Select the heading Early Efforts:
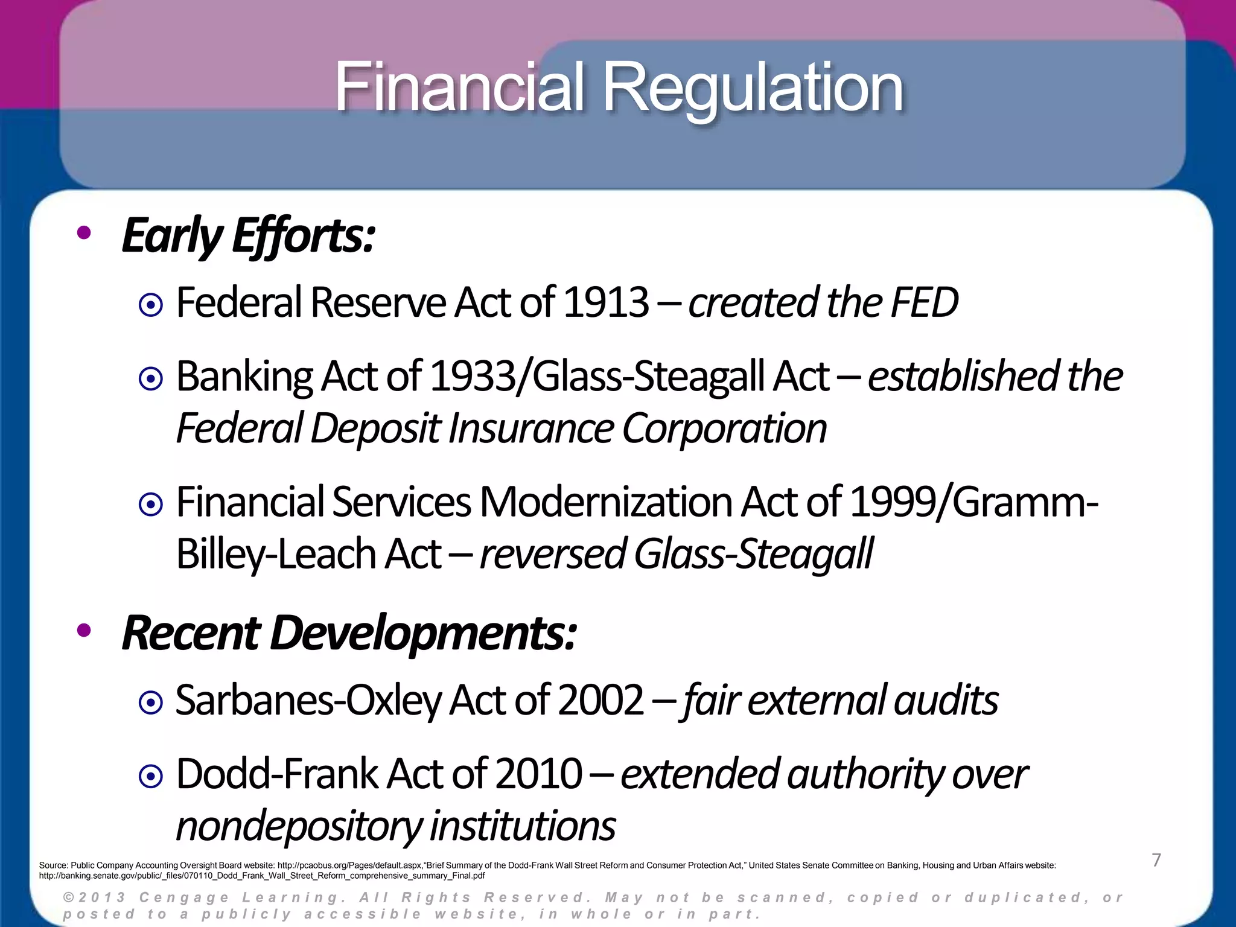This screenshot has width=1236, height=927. (x=248, y=236)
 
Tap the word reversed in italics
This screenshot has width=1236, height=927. (x=552, y=554)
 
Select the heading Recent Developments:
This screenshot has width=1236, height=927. (x=349, y=633)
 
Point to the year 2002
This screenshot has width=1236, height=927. (x=601, y=701)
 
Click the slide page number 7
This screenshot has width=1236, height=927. (x=1156, y=860)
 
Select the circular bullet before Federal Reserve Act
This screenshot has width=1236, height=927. (x=150, y=305)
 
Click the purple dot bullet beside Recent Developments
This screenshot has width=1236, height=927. (x=84, y=631)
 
